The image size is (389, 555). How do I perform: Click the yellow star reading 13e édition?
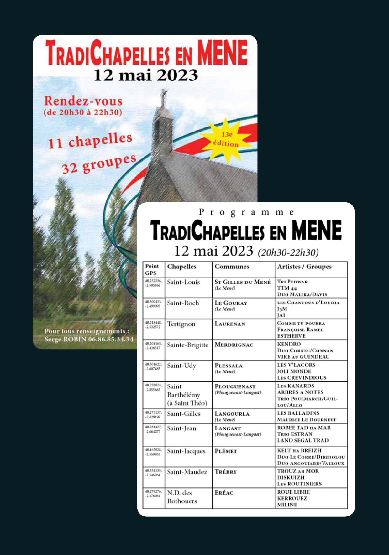point(226,140)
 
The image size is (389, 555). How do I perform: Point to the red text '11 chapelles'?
point(90,141)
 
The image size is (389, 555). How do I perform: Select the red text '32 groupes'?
point(99,164)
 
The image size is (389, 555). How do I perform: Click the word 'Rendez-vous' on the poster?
point(83,101)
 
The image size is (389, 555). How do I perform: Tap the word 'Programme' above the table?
point(246,212)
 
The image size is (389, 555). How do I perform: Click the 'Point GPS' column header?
point(152,269)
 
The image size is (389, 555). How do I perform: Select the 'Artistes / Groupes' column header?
point(304,267)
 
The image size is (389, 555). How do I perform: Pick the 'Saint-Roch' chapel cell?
point(183,303)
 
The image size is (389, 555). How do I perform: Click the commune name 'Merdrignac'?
point(234,345)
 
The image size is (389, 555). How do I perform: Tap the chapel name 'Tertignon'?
point(181,324)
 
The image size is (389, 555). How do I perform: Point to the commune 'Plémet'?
point(226,451)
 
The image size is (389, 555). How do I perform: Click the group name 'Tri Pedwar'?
point(292,282)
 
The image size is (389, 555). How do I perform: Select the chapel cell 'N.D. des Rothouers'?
point(182,497)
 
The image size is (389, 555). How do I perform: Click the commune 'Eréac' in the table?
point(224,493)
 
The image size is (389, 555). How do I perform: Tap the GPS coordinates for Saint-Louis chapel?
point(153,283)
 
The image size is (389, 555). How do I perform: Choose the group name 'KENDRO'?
point(289,344)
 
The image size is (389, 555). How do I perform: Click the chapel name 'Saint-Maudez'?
point(187,472)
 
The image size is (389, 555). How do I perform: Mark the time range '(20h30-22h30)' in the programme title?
point(288,252)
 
